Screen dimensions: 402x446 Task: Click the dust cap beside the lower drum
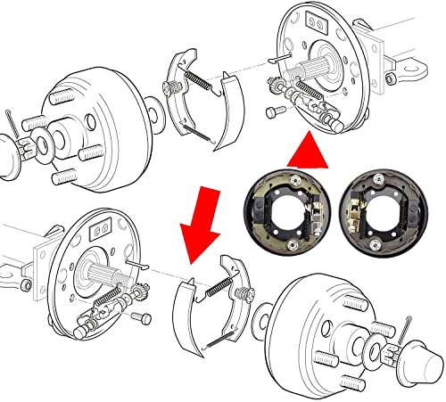pos(424,362)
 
